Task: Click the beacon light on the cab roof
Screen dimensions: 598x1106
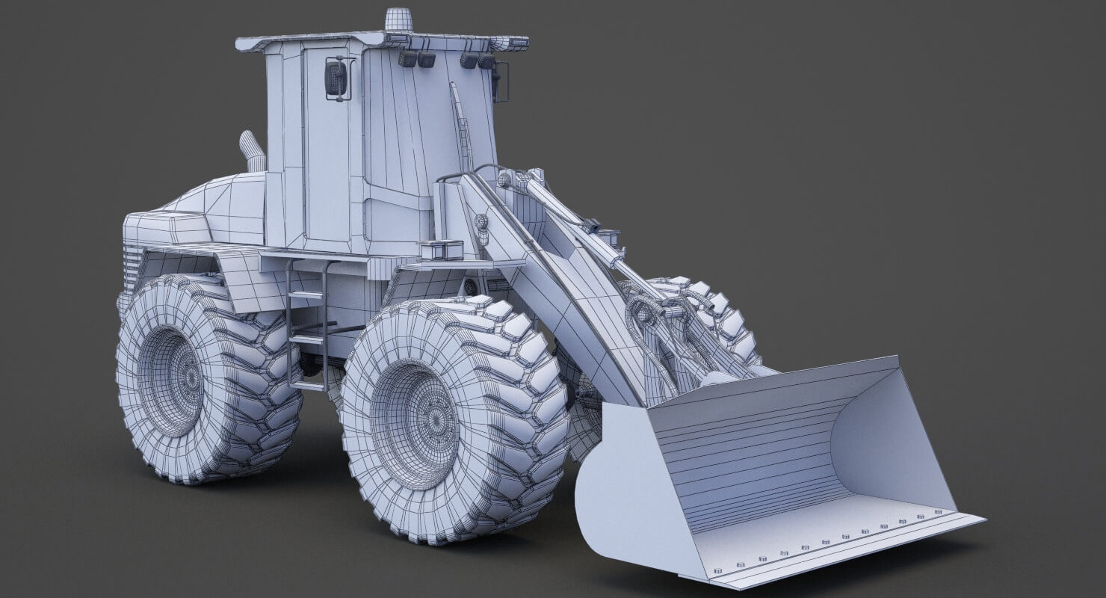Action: (396, 20)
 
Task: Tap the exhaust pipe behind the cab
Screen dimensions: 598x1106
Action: (252, 152)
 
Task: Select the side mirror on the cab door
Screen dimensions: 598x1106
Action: (336, 78)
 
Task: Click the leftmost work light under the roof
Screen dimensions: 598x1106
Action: (408, 58)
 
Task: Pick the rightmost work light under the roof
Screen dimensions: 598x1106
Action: (486, 62)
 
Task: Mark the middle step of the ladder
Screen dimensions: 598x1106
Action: (307, 339)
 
